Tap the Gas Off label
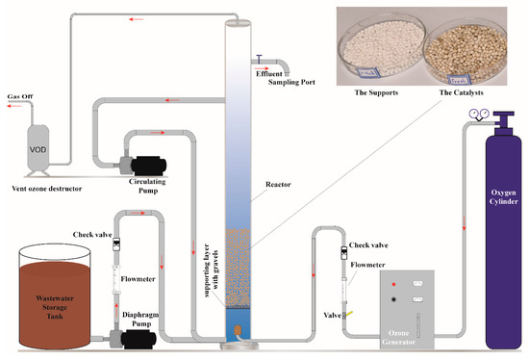pyautogui.click(x=24, y=97)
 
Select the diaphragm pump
pyautogui.click(x=115, y=332)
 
